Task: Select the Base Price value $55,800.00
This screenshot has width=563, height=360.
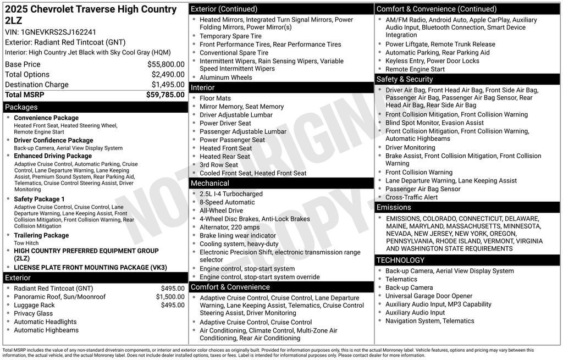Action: click(x=165, y=64)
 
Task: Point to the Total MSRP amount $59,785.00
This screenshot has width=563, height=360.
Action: click(x=165, y=95)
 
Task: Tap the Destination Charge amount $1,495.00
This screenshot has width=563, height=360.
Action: click(x=168, y=85)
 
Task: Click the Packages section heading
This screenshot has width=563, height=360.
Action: click(x=21, y=107)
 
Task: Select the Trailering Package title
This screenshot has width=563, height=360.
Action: click(x=41, y=235)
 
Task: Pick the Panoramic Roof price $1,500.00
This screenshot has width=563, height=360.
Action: click(x=170, y=297)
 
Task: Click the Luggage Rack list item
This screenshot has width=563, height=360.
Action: click(x=34, y=305)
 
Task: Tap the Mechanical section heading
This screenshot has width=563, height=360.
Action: click(x=209, y=183)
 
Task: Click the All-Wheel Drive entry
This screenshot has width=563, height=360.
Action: click(x=221, y=211)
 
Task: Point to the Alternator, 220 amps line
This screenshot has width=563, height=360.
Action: click(x=229, y=227)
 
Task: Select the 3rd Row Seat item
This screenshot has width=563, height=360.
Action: click(x=219, y=165)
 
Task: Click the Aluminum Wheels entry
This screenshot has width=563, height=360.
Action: click(x=225, y=77)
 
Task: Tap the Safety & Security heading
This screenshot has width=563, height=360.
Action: click(x=405, y=79)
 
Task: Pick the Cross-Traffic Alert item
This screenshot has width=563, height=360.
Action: click(x=411, y=197)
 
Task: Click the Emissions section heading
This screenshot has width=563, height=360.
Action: click(x=394, y=207)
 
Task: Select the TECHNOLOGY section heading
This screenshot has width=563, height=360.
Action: click(x=400, y=260)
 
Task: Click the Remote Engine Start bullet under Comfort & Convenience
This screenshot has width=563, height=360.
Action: click(x=415, y=69)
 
